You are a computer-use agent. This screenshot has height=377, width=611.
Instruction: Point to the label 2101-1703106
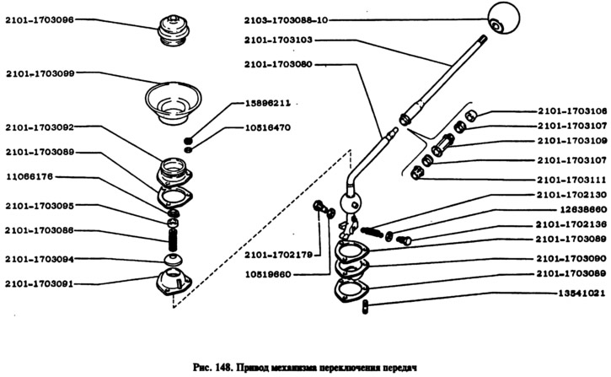(x=571, y=110)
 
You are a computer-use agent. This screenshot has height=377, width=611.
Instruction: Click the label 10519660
(x=270, y=275)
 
